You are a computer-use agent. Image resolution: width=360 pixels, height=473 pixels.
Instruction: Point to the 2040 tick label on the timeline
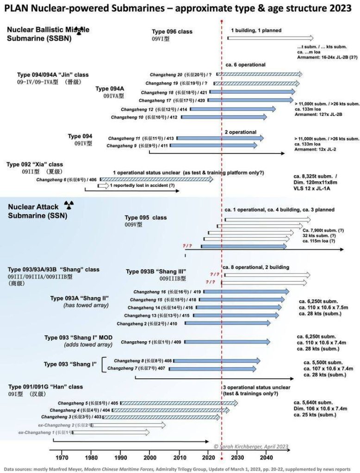coord(266,457)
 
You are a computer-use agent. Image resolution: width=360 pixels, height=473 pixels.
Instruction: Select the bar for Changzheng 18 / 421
coord(252,92)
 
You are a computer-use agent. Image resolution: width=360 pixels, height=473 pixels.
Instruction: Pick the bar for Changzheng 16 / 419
coord(246,291)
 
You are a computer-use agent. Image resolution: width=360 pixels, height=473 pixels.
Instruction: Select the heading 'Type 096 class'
coord(172,32)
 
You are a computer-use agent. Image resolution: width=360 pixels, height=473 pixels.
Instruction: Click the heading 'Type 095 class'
coord(146,217)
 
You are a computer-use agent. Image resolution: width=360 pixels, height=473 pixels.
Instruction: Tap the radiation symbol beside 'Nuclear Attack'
coord(68,204)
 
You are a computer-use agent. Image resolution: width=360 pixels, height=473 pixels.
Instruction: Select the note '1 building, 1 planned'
coord(256,30)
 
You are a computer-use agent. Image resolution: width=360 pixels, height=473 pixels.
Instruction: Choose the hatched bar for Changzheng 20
coord(259,74)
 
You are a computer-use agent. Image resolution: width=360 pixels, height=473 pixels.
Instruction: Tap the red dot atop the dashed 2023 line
coord(222,21)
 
